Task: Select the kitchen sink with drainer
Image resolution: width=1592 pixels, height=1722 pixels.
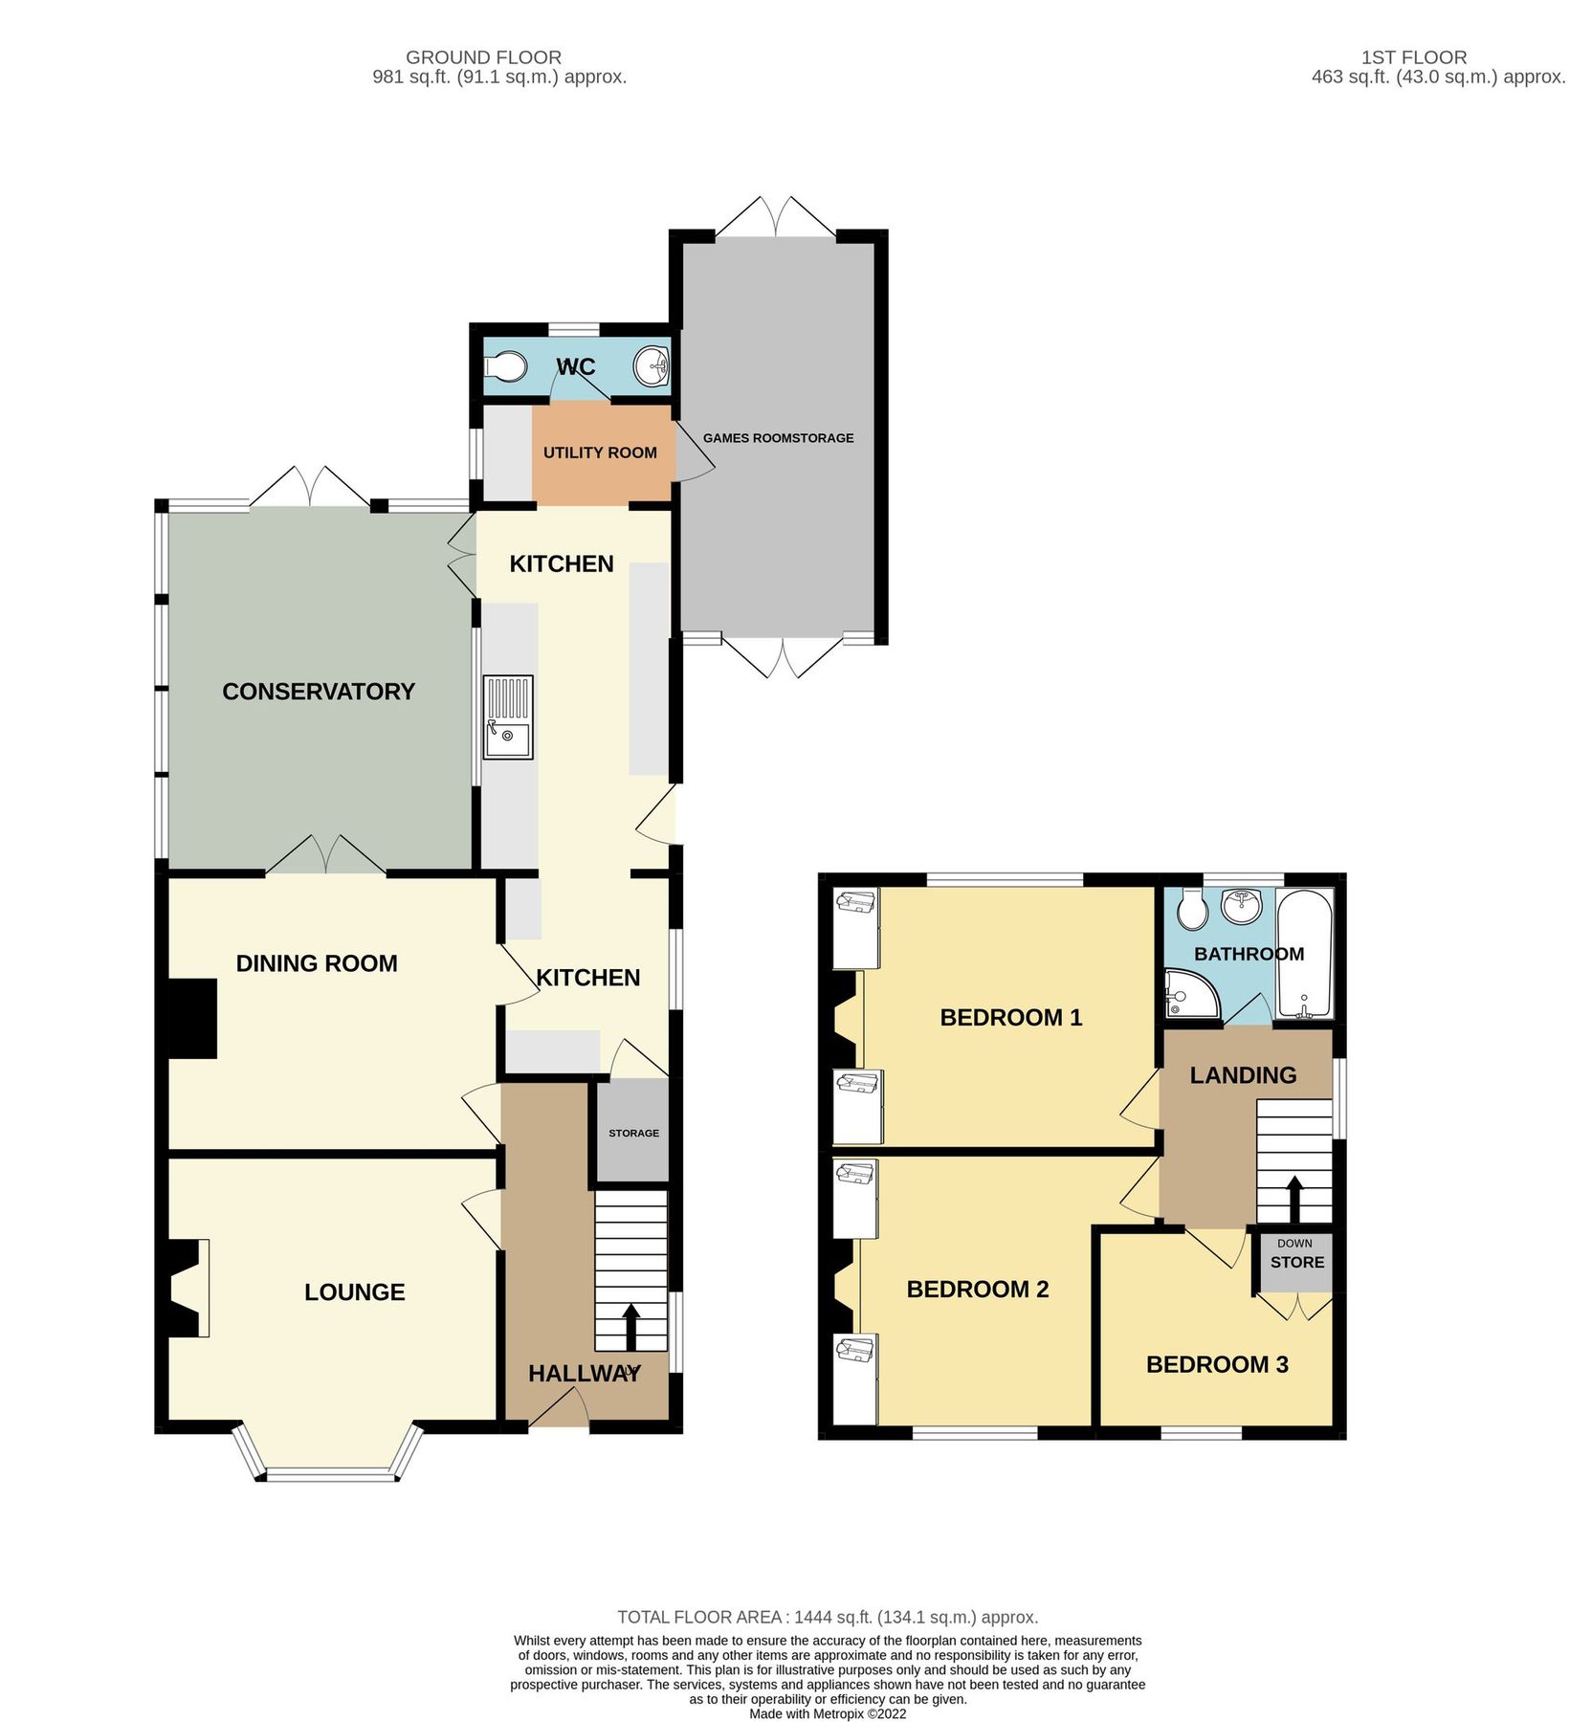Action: tap(508, 717)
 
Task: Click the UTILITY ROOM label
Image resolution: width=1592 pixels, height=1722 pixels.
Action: tap(600, 453)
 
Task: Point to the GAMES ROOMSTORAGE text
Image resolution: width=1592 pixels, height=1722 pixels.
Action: tap(778, 438)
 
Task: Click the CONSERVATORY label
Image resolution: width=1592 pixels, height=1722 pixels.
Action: tap(319, 692)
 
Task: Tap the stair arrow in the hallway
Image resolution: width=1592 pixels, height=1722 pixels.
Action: tap(631, 1326)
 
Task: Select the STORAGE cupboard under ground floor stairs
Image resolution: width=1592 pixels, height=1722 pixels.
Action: tap(632, 1132)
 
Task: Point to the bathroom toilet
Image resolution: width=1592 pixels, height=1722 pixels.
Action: tap(1192, 909)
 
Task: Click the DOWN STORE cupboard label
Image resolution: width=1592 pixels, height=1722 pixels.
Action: tap(1296, 1255)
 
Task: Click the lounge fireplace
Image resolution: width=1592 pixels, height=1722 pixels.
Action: tap(188, 1288)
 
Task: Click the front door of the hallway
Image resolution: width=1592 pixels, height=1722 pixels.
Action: tap(559, 1410)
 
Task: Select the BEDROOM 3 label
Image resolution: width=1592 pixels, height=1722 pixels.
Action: tap(1216, 1365)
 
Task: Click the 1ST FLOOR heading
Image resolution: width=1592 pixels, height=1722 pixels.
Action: tap(1413, 57)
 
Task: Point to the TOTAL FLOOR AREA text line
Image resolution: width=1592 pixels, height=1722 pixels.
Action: tap(827, 1618)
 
